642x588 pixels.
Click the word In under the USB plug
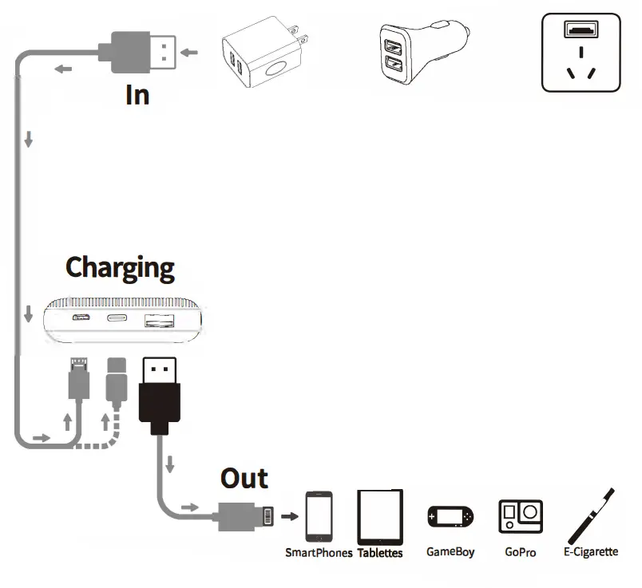137,95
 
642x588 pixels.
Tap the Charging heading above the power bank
120,267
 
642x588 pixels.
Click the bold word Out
244,479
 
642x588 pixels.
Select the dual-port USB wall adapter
263,57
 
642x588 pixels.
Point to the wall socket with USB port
581,53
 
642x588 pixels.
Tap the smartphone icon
319,517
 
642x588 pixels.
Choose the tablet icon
380,516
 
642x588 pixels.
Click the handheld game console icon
450,518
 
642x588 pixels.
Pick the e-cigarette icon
590,516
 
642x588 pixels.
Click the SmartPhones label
319,553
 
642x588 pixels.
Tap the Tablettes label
380,553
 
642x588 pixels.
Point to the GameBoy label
450,551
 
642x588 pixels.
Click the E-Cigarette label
590,551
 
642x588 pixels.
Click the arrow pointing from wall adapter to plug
190,53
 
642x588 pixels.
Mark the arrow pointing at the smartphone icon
290,516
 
